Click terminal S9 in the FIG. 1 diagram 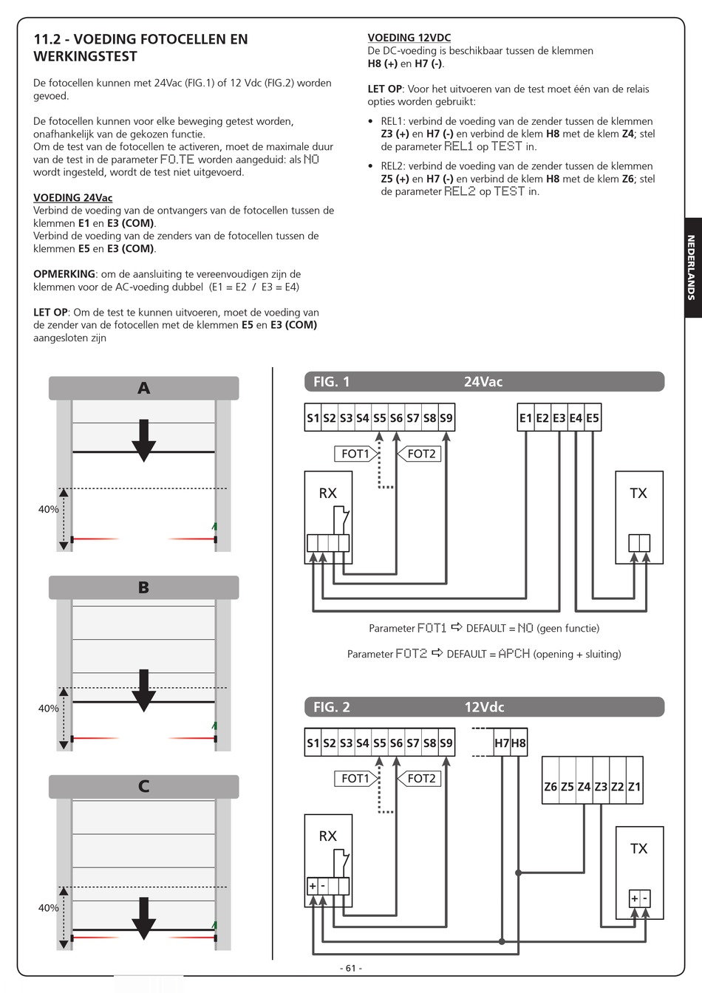pyautogui.click(x=446, y=418)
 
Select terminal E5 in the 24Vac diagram pyautogui.click(x=593, y=418)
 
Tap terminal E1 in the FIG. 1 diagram pyautogui.click(x=525, y=418)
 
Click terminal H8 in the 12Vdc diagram pyautogui.click(x=519, y=743)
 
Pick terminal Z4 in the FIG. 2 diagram pyautogui.click(x=584, y=787)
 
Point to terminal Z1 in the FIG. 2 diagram pyautogui.click(x=634, y=787)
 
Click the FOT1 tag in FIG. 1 pyautogui.click(x=355, y=454)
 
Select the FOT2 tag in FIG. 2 pyautogui.click(x=421, y=778)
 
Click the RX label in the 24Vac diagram pyautogui.click(x=327, y=494)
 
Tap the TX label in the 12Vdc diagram pyautogui.click(x=638, y=849)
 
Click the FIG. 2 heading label pyautogui.click(x=332, y=707)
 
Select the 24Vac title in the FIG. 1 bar pyautogui.click(x=483, y=382)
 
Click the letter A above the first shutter pyautogui.click(x=144, y=388)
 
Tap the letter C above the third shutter pyautogui.click(x=144, y=786)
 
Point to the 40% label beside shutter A pyautogui.click(x=49, y=509)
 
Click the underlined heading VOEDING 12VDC pyautogui.click(x=409, y=38)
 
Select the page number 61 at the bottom pyautogui.click(x=350, y=968)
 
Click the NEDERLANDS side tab pyautogui.click(x=691, y=267)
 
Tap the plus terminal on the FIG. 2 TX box pyautogui.click(x=634, y=898)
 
